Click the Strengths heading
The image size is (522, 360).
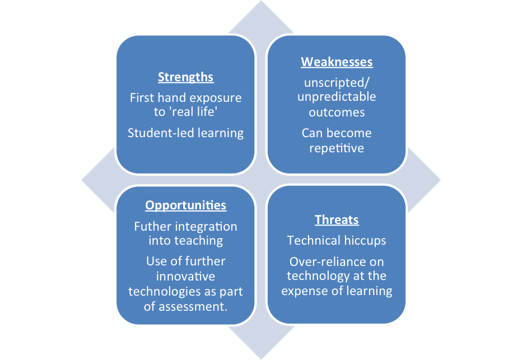click(185, 77)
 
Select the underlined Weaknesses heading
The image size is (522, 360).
click(337, 62)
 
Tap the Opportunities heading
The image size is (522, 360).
click(185, 205)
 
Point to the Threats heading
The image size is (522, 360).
click(337, 219)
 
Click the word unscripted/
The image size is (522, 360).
click(337, 82)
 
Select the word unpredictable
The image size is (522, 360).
click(337, 96)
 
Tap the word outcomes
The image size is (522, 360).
click(337, 113)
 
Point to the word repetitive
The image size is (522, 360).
click(337, 148)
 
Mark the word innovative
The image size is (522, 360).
click(185, 276)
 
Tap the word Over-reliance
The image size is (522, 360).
click(316, 262)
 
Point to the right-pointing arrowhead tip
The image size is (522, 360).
click(440, 180)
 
